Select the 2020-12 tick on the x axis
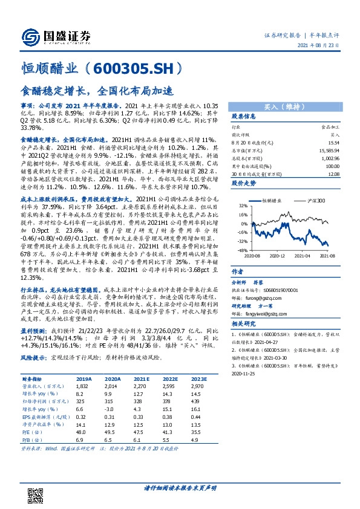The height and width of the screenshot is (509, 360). [x=278, y=256]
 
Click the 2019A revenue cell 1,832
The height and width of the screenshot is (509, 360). [x=82, y=385]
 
